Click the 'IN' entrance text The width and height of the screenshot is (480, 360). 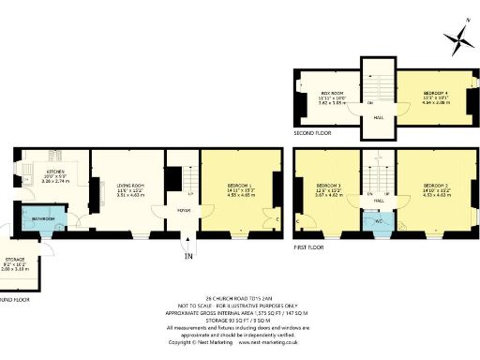coord(188,255)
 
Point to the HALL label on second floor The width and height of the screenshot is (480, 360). coord(379,117)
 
